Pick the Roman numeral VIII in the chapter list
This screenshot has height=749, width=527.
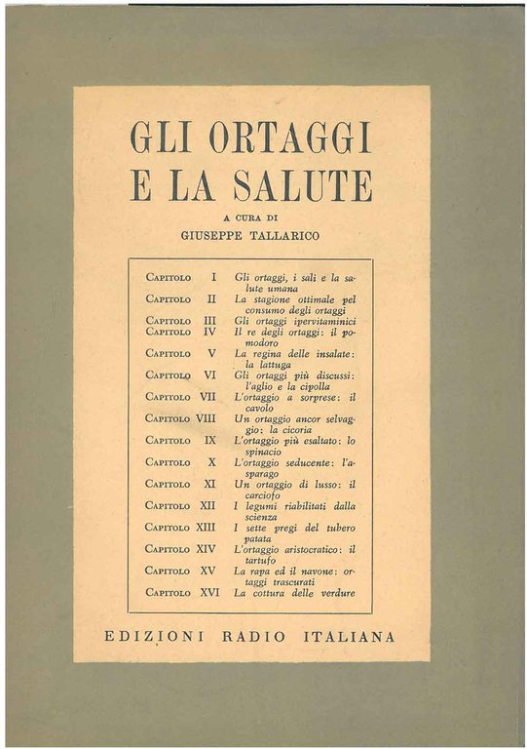click(x=206, y=418)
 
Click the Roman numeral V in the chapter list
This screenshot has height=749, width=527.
click(x=210, y=353)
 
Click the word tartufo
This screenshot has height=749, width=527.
click(x=255, y=560)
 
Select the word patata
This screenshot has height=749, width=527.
click(x=256, y=537)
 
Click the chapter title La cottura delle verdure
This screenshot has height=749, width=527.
click(x=294, y=592)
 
